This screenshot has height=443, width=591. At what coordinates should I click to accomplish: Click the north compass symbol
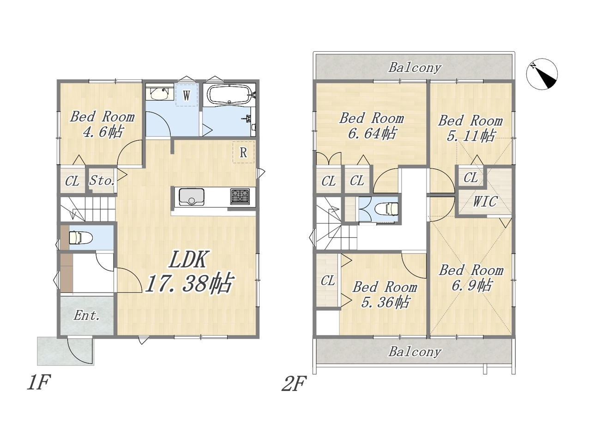(x=542, y=74)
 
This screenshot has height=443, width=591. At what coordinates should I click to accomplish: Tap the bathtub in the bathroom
(x=229, y=95)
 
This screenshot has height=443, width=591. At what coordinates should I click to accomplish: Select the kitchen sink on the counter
(x=192, y=197)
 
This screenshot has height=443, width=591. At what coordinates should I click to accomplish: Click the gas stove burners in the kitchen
(x=240, y=197)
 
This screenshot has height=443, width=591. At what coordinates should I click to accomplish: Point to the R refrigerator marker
(x=243, y=152)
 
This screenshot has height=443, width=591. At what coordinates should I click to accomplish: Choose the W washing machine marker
(x=187, y=95)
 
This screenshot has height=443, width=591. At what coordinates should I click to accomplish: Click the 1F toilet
(x=80, y=238)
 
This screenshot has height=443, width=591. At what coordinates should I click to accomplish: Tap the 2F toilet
(x=386, y=209)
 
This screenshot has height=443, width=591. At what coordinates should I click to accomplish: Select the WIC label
(x=485, y=201)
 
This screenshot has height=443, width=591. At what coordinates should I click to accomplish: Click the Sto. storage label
(x=102, y=180)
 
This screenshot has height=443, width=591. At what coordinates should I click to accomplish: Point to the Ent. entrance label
(x=87, y=315)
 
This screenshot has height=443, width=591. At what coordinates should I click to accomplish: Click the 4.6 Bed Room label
(x=103, y=124)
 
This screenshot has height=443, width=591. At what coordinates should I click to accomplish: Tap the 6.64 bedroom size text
(x=372, y=133)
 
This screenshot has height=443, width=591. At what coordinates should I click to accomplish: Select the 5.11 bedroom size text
(x=470, y=135)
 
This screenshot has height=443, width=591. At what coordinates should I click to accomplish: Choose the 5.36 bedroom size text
(x=385, y=302)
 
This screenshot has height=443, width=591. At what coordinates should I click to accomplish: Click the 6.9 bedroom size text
(x=471, y=285)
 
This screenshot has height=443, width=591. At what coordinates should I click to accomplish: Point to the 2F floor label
(x=294, y=383)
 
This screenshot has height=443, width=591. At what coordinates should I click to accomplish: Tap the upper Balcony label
(x=415, y=67)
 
